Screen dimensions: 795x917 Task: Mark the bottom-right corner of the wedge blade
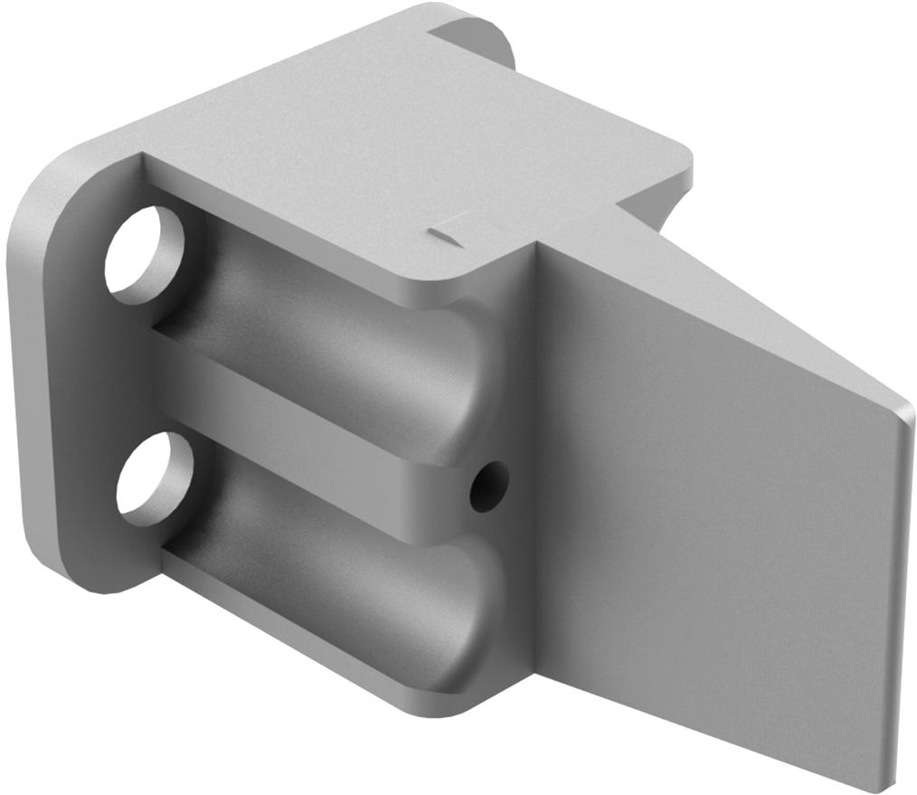(882, 782)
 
